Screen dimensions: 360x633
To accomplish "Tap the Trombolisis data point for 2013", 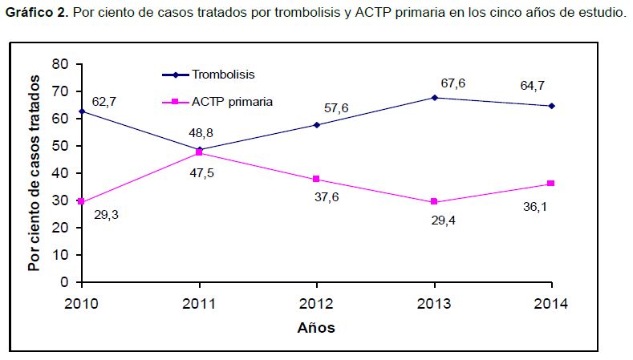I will [434, 97].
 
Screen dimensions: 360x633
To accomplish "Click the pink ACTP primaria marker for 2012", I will [316, 179].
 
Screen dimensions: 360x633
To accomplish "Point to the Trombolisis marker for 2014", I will [552, 105].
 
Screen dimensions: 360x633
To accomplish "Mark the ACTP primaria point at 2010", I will [81, 202].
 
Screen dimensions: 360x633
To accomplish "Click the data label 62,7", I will [104, 102].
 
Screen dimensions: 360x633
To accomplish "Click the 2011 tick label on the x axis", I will [198, 303].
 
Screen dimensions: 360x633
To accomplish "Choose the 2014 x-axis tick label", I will [551, 303].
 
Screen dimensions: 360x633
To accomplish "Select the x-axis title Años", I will [316, 327].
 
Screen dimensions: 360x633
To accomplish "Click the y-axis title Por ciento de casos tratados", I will [34, 172].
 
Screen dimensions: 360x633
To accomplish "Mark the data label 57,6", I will [336, 108].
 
